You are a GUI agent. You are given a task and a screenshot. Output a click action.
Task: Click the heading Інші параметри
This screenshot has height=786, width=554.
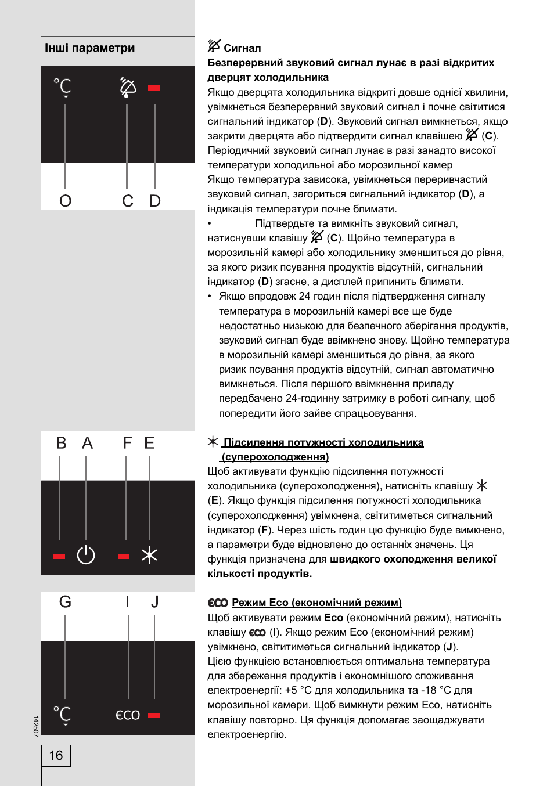point(89,48)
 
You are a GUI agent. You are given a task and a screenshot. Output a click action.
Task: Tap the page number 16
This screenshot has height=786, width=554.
point(56,755)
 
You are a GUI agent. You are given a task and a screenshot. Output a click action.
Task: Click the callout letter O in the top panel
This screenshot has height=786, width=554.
point(65,201)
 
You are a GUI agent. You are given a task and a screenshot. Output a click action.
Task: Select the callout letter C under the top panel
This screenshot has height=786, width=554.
point(128,201)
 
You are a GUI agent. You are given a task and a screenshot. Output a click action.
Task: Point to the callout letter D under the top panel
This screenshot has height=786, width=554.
point(155,201)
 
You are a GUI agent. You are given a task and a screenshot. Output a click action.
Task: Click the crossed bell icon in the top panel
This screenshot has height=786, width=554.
point(128,87)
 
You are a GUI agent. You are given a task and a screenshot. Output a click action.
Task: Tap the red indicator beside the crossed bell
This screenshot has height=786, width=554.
point(154,88)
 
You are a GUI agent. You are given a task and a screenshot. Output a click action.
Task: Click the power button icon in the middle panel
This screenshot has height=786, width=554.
point(86,555)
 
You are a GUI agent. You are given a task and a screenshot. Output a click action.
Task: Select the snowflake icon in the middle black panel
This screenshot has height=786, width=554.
point(149,555)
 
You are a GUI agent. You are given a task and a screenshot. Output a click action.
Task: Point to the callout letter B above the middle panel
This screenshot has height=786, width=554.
point(61,444)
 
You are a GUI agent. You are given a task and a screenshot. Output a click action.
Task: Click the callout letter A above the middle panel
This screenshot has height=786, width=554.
point(87,444)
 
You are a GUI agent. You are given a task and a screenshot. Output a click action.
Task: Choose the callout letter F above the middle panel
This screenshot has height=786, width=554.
point(127,444)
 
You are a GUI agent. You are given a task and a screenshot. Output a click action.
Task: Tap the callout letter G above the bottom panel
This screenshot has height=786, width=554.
point(65,602)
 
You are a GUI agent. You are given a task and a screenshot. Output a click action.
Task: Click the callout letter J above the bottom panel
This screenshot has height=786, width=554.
point(154,602)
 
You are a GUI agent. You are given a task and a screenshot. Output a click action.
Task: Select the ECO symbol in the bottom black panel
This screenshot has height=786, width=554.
point(128,715)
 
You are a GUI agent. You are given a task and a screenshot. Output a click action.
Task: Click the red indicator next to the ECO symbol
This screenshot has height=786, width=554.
point(154,715)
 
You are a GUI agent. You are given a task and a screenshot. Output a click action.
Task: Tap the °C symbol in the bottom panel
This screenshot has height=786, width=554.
point(63,715)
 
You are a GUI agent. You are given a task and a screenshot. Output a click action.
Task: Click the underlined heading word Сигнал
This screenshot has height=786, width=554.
point(242,48)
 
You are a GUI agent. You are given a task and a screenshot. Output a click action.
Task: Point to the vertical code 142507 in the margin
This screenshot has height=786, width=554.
point(35,726)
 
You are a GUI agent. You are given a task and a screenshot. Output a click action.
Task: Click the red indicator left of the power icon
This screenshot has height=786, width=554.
point(59,556)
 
